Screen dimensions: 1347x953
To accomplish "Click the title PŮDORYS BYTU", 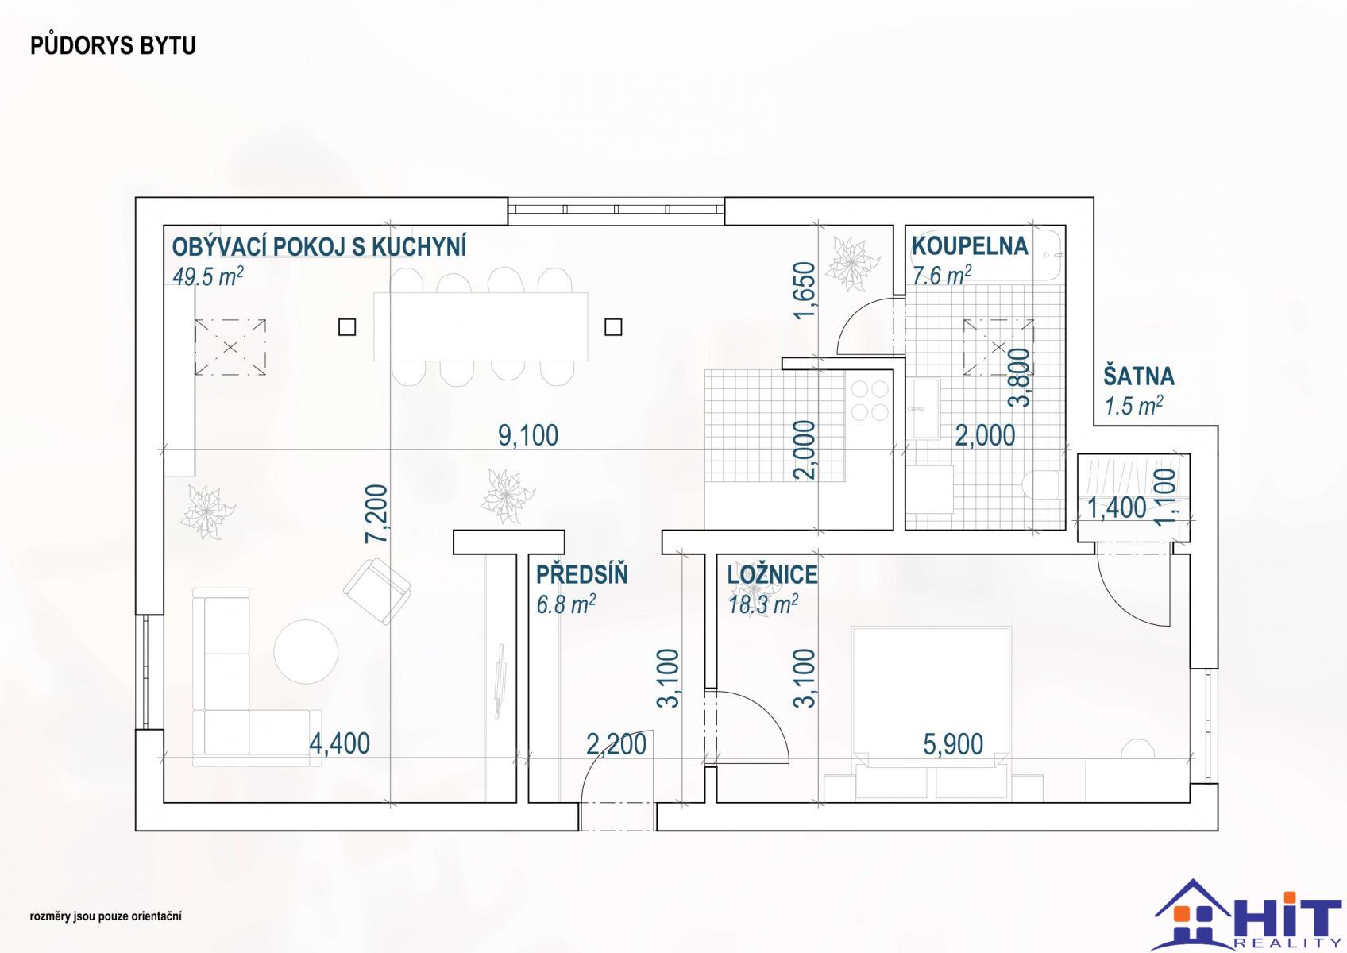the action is pos(113,45).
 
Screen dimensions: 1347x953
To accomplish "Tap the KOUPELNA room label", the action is pos(970,246).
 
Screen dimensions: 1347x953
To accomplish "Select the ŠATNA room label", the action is pos(1138,376).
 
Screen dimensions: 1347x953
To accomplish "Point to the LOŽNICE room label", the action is pos(772,575).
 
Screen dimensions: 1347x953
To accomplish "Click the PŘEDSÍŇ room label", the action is pos(581,574).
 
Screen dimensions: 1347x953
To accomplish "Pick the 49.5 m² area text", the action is pos(207,276).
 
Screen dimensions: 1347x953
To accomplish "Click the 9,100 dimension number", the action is pos(528,435).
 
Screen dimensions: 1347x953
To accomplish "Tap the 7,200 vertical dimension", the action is pos(377,514).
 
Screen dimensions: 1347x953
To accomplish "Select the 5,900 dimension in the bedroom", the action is pos(953,744).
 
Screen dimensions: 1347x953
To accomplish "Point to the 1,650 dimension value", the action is pos(805,291).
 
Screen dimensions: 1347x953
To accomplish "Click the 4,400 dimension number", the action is pos(340,744).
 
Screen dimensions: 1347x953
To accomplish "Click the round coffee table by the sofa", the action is pos(306,652).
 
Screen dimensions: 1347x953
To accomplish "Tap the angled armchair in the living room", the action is pos(377,591).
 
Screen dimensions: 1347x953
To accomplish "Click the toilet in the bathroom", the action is pos(1041,484).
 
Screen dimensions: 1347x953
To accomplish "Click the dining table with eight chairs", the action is pos(481,326).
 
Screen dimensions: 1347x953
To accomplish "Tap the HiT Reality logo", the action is pos(1247,915).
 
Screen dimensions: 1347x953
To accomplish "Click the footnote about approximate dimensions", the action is pos(106,916).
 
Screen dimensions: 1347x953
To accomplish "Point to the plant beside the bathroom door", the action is pos(851,264).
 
